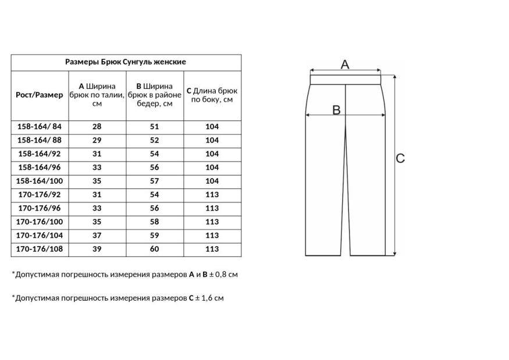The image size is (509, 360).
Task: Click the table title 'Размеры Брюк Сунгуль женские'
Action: pos(126,62)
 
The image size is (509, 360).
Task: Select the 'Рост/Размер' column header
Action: pos(40,95)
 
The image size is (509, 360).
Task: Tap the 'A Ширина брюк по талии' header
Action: pos(97,95)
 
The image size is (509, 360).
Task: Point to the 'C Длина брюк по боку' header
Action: pos(212,95)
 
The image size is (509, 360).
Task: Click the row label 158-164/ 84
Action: pos(40,127)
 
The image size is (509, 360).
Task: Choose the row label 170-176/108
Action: pos(40,249)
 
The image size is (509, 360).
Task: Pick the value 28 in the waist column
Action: pos(97,127)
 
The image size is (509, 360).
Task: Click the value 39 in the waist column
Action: pos(97,249)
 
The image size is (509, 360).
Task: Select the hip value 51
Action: pos(154,127)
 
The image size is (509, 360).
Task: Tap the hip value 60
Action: pos(154,249)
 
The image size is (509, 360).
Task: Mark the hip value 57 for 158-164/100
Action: pos(154,181)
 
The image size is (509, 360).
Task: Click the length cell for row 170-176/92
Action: pos(212,195)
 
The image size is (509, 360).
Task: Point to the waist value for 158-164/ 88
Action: pos(97,140)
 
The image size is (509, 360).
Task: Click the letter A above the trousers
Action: pos(344,64)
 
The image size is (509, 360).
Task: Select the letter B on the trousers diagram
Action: pos(336,109)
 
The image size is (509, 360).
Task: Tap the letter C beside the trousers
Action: pos(400,158)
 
